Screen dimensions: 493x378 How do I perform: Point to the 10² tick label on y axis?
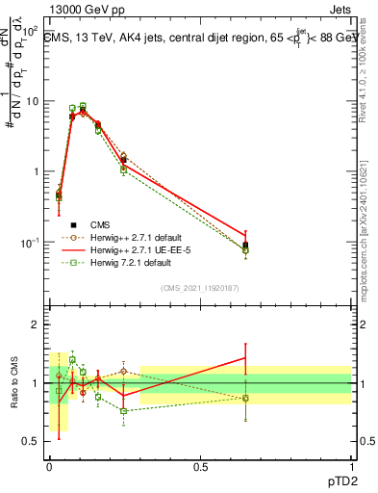pyautogui.click(x=29, y=32)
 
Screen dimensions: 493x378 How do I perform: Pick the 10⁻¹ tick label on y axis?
pyautogui.click(x=28, y=242)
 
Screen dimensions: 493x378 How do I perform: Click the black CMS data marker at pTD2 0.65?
pyautogui.click(x=245, y=246)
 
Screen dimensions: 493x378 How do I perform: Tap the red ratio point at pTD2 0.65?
pyautogui.click(x=245, y=358)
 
